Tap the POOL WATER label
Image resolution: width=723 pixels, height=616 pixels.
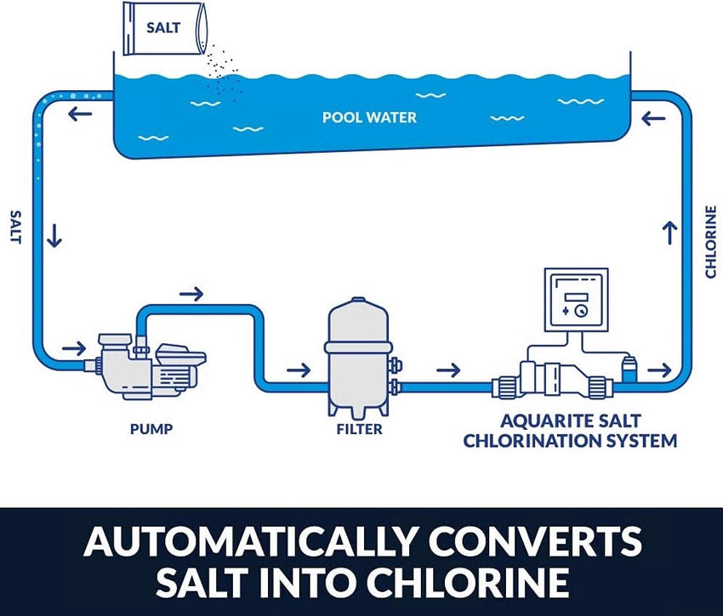tap(369, 116)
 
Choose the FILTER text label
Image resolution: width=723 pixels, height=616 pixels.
tap(359, 429)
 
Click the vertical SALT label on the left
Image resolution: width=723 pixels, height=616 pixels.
tap(14, 228)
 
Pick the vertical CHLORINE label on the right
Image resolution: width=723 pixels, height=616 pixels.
tap(710, 240)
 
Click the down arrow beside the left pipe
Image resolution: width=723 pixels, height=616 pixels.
tap(55, 235)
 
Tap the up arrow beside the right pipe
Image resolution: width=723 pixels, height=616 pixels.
tap(669, 232)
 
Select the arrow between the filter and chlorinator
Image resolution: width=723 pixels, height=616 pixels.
tap(448, 370)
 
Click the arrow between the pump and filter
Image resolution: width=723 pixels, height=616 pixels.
tap(299, 370)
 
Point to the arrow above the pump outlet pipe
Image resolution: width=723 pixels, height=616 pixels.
tap(192, 294)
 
